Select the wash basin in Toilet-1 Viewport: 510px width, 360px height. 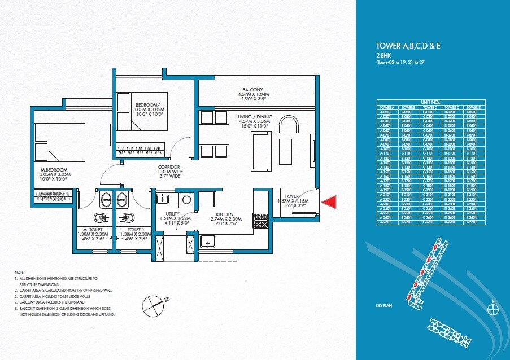(x=123, y=199)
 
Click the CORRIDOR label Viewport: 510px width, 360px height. (x=169, y=168)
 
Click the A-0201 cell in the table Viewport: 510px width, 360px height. (x=386, y=112)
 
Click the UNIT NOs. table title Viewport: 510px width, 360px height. (x=430, y=102)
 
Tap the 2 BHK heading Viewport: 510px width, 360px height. (x=385, y=56)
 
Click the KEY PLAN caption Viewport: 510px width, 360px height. (x=383, y=305)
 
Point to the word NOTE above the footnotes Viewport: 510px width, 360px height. (x=21, y=271)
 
